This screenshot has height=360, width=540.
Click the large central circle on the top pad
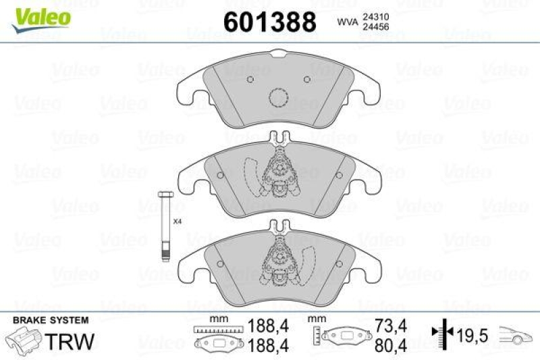coord(278,99)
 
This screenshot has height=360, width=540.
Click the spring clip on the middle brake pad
coord(277,172)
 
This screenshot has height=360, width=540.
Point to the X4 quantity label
coord(178,221)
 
